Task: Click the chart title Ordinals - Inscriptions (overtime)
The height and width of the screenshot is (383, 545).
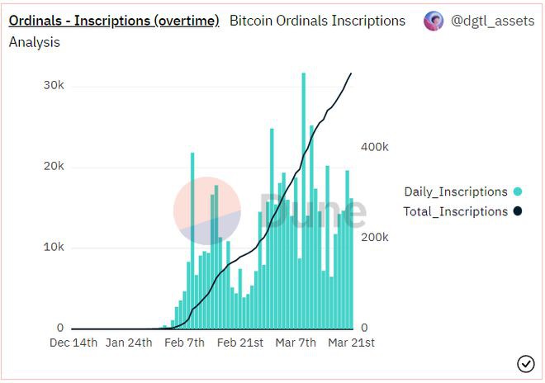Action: pyautogui.click(x=113, y=21)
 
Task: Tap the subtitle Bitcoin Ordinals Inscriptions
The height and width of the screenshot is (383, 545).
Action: pyautogui.click(x=317, y=21)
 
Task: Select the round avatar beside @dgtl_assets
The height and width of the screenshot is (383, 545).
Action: pyautogui.click(x=434, y=21)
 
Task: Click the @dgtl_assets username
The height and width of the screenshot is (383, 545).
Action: pyautogui.click(x=492, y=21)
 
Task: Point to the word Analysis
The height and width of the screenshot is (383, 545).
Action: pyautogui.click(x=34, y=42)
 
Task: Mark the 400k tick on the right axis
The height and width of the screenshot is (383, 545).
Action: pyautogui.click(x=376, y=146)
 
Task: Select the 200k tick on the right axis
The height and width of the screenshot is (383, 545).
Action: pyautogui.click(x=376, y=237)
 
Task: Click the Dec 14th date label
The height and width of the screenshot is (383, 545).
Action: pyautogui.click(x=73, y=343)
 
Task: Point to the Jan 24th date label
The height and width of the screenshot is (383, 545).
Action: pyautogui.click(x=129, y=343)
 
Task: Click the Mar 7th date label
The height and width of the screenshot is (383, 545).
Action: pyautogui.click(x=295, y=343)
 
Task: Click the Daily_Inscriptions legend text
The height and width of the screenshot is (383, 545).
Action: pyautogui.click(x=455, y=191)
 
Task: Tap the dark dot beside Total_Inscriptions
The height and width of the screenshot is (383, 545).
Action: pyautogui.click(x=517, y=211)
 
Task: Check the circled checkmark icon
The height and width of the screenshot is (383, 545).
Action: pyautogui.click(x=525, y=364)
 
